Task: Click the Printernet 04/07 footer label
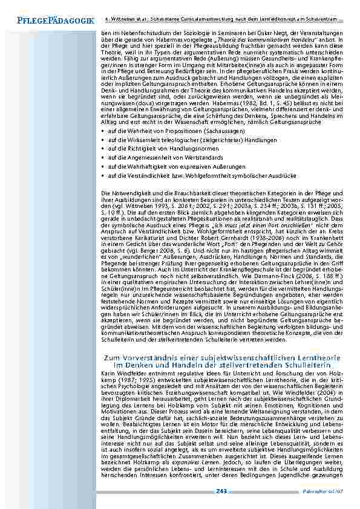328,494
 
